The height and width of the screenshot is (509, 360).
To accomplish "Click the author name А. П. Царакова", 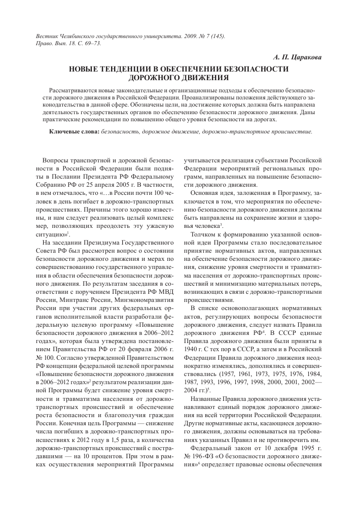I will click(x=297, y=58).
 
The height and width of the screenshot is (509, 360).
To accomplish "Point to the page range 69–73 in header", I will click(x=92, y=44).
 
